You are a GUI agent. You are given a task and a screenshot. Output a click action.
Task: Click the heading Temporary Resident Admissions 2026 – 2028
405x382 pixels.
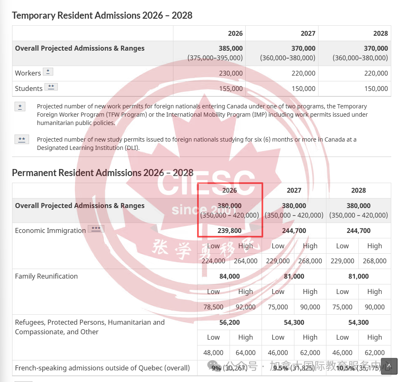(x=102, y=15)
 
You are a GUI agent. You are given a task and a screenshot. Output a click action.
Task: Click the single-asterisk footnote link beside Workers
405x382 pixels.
(x=48, y=72)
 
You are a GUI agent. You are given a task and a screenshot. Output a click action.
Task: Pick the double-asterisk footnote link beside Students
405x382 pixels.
(x=51, y=87)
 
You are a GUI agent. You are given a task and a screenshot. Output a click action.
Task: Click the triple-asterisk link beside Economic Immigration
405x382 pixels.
(x=96, y=229)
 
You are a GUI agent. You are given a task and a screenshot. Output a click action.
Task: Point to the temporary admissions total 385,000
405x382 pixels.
(x=230, y=48)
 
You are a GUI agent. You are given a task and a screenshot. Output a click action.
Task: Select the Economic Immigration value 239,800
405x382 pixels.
(x=229, y=230)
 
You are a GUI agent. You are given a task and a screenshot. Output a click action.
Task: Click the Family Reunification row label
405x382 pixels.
(x=46, y=276)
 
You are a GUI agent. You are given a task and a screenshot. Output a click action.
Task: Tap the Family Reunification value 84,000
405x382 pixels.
(x=229, y=276)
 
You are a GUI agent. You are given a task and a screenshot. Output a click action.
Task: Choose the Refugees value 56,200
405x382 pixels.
(x=229, y=322)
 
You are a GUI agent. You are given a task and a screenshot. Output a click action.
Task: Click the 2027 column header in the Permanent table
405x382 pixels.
(x=294, y=190)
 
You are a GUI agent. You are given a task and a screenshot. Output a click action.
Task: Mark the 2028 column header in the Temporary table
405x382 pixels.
(x=380, y=33)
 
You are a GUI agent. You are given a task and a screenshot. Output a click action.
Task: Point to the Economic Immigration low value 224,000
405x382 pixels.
(x=213, y=261)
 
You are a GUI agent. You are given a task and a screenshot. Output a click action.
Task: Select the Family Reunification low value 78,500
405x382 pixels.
(x=213, y=307)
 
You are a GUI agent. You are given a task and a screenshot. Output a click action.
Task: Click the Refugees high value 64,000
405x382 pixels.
(x=245, y=353)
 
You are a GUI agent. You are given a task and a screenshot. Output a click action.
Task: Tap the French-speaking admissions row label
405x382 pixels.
(x=102, y=368)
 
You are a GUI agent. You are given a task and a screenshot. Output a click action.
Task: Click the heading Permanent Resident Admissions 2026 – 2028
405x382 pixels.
(x=102, y=172)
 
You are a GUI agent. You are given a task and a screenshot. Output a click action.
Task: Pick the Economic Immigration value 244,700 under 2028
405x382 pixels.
(x=358, y=230)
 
